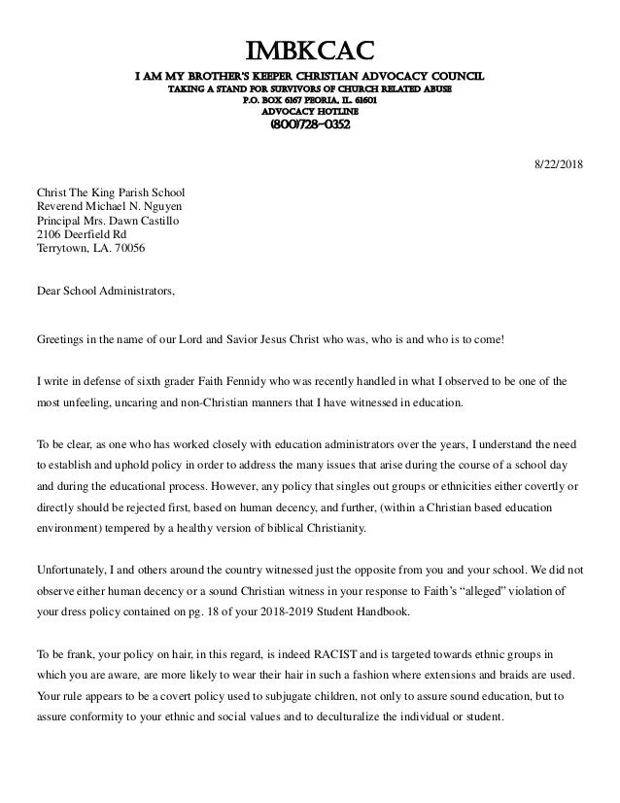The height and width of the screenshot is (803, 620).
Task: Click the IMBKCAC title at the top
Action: [309, 50]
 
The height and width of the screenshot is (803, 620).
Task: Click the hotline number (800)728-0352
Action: [309, 125]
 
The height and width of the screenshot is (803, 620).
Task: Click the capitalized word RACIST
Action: [288, 647]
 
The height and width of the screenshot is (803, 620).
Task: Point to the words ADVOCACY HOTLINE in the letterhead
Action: [309, 111]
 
